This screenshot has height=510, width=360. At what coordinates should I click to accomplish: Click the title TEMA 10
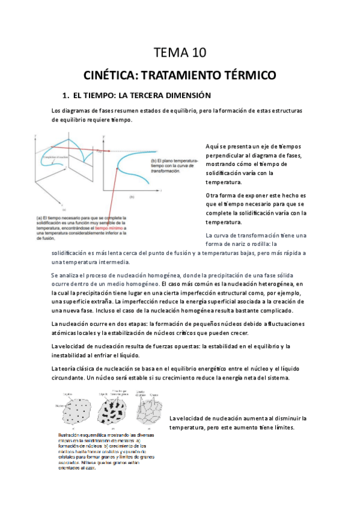click(x=180, y=54)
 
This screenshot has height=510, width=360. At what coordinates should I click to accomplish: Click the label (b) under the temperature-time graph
click(x=132, y=197)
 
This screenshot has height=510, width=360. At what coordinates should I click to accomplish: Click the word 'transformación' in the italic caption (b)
click(x=165, y=171)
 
